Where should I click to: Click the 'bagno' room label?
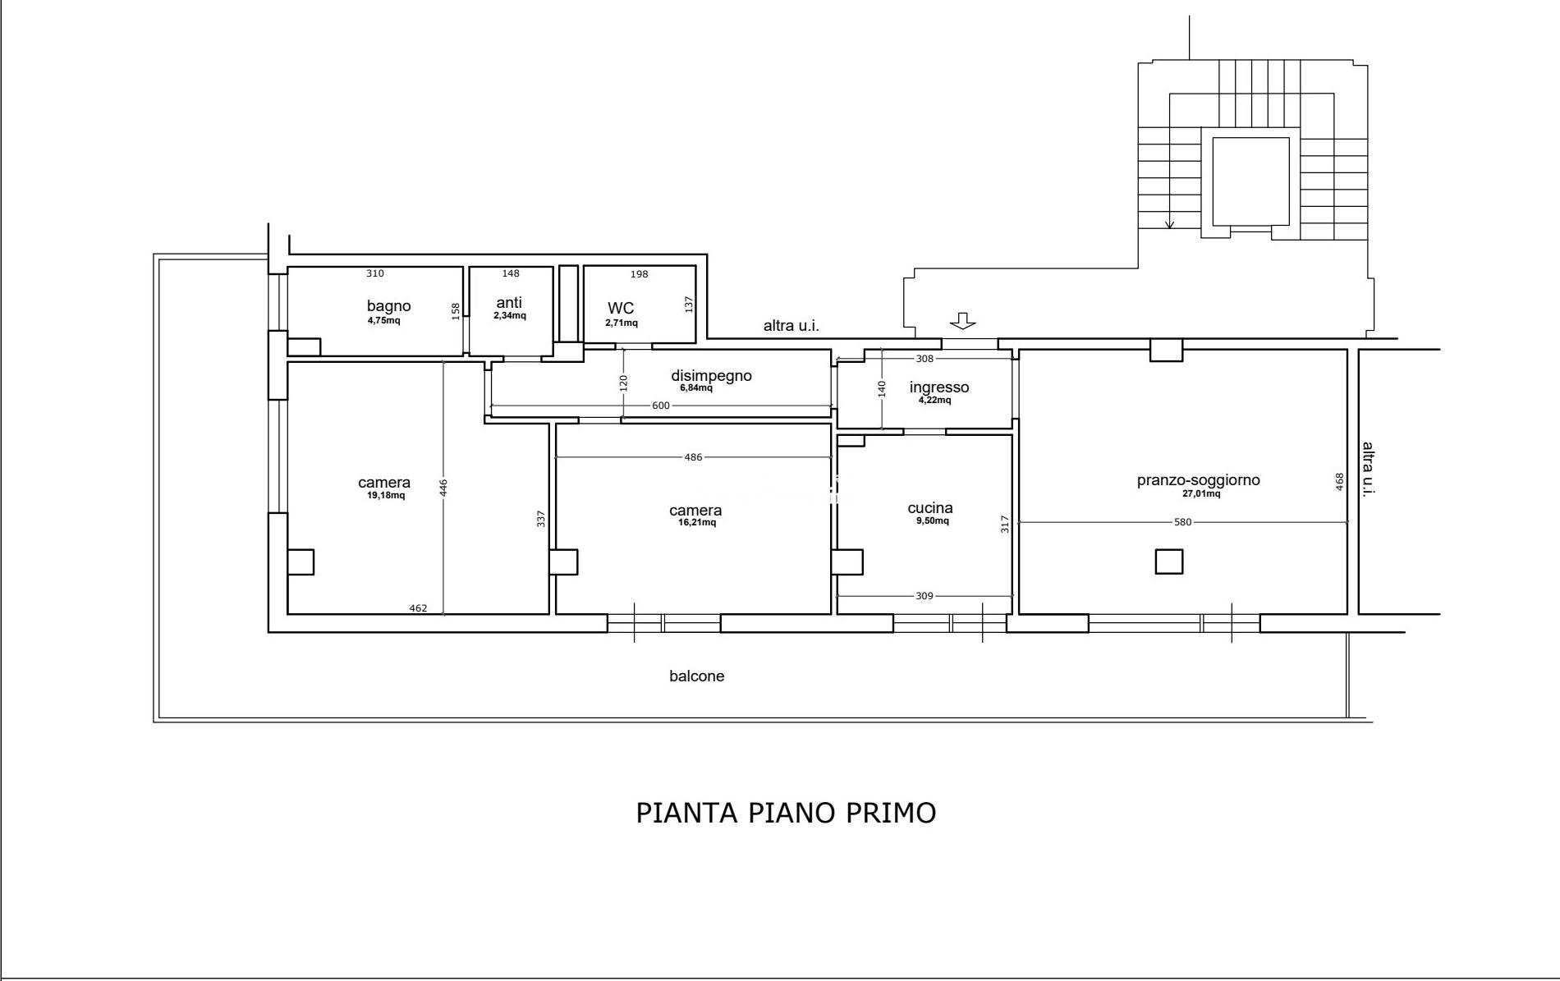388,306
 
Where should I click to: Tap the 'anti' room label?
509,302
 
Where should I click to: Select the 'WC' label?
621,308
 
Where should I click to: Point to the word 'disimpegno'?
711,376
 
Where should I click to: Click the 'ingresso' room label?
939,387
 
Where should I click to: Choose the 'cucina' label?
930,508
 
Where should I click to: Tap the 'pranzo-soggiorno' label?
1198,480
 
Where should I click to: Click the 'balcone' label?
696,676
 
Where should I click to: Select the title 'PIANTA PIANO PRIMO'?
786,813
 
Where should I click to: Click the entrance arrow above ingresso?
962,321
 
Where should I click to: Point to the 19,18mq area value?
385,496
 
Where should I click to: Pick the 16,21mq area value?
696,523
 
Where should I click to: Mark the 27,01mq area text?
1200,494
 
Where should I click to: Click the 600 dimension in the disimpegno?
661,406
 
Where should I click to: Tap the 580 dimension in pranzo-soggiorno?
1182,522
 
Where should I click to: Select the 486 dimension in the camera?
694,457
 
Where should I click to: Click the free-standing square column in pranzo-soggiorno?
1169,562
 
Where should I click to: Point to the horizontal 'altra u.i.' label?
791,326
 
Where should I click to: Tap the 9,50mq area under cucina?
934,521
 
